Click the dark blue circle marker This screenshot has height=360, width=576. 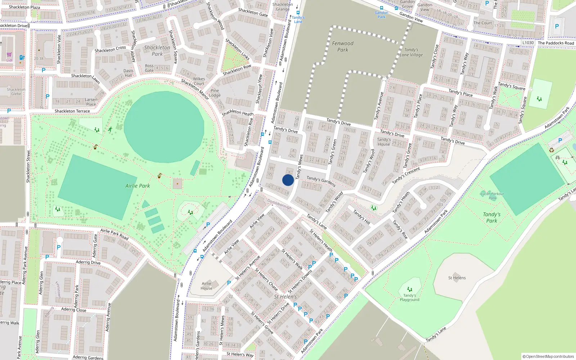click(x=288, y=180)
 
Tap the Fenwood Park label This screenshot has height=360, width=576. click(x=343, y=46)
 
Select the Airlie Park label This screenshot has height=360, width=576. click(x=138, y=186)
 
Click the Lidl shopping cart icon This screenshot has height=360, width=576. click(x=9, y=55)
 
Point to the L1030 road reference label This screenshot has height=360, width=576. click(x=528, y=43)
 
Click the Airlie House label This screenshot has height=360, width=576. click(x=206, y=286)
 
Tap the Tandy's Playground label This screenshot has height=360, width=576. click(x=409, y=298)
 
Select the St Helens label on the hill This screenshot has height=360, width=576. click(x=457, y=278)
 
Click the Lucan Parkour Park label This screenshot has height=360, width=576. click(x=492, y=196)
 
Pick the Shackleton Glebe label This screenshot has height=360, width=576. click(x=16, y=91)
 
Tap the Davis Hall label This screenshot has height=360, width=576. click(x=128, y=73)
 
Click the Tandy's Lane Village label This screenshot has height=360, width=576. click(x=411, y=53)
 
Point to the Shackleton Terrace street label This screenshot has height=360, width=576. click(x=72, y=111)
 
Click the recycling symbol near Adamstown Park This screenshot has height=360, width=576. click(x=551, y=150)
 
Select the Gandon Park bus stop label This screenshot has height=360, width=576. click(x=381, y=15)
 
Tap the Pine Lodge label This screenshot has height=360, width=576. click(x=215, y=93)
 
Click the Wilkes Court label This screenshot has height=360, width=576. click(x=199, y=81)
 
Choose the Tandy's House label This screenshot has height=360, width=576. click(x=384, y=142)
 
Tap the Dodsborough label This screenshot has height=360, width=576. click(x=279, y=204)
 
